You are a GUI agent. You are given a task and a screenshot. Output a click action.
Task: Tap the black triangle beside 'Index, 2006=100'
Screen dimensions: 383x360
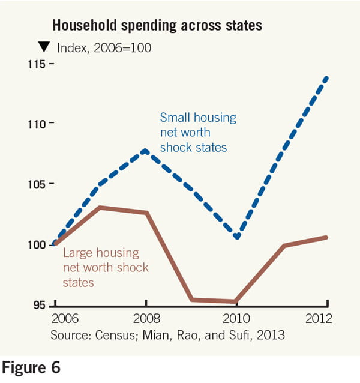pos(44,47)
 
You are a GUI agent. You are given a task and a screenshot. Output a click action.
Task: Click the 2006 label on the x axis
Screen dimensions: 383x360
pos(64,318)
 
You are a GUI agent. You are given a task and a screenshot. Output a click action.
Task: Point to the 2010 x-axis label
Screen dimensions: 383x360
pos(236,318)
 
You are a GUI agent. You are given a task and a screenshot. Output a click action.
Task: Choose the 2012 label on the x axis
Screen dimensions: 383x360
pos(317,318)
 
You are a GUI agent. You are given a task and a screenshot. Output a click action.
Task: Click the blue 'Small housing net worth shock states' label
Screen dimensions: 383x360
pos(197,132)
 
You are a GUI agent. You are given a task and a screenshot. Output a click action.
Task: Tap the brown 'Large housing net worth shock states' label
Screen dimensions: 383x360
pos(105,267)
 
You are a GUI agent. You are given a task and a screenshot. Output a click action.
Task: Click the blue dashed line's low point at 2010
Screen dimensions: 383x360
pos(237,237)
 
